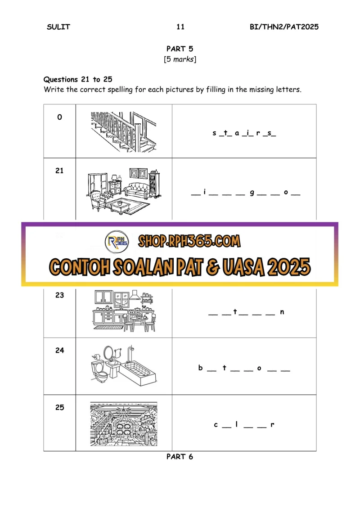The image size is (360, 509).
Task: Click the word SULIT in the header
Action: point(58,27)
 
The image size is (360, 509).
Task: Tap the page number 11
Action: point(180,27)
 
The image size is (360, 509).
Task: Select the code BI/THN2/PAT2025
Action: point(284,27)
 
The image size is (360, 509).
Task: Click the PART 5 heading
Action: point(180,49)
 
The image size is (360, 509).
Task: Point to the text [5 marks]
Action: point(180,59)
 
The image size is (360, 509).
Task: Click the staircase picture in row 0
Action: point(123,132)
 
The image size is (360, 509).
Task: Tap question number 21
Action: point(59,171)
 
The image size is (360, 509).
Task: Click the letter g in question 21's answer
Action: point(252,193)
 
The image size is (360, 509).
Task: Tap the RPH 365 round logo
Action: point(117,242)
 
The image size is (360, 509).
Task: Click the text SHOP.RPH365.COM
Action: point(189,241)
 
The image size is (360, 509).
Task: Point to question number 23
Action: point(60,295)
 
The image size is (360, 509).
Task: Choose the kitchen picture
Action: point(124,311)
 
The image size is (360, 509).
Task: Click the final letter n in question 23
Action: point(282,312)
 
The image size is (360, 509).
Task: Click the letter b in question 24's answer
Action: point(201,368)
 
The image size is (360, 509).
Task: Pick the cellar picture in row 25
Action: point(124,424)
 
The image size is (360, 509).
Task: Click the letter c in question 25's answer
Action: point(216,424)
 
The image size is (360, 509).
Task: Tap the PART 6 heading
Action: point(180,457)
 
